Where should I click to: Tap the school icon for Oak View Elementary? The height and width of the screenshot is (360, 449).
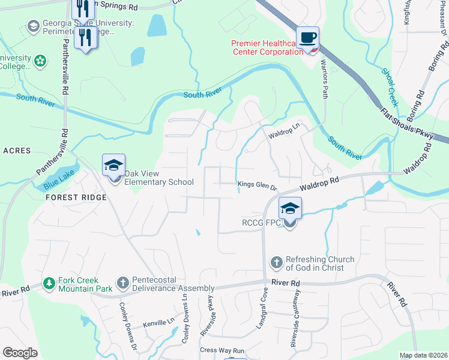coord(113,164)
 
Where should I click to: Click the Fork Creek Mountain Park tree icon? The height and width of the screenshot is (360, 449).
coord(49,283)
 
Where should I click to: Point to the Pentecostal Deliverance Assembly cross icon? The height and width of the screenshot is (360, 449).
coord(123,283)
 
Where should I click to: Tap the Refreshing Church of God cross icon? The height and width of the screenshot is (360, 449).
coord(276,262)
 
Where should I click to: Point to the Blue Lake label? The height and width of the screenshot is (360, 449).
coord(56,181)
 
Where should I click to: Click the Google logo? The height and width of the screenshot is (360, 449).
coord(20,353)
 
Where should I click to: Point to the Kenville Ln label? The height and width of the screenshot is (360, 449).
coord(158,323)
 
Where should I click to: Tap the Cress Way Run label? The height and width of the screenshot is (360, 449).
coord(222,350)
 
